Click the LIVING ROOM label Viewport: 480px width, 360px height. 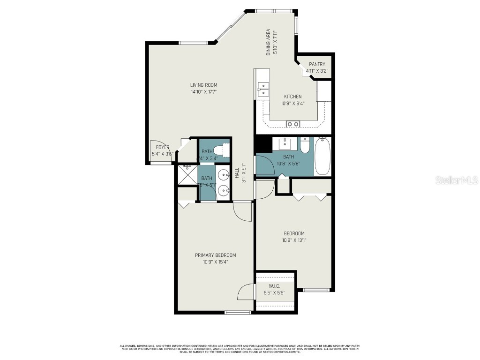point(203,85)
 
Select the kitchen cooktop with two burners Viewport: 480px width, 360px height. point(293,124)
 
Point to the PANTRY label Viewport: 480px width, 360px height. point(317,64)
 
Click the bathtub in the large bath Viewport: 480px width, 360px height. point(322,157)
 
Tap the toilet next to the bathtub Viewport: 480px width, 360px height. point(305,145)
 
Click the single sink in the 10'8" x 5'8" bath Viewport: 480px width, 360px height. point(285,142)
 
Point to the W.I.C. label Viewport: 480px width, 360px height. point(275,286)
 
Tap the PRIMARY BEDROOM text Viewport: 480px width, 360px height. point(216,255)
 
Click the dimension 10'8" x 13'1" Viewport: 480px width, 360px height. point(294,240)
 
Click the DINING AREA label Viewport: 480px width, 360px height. point(269,43)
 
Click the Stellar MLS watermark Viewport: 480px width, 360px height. point(456,180)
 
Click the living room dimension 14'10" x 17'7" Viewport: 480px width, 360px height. point(203,91)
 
